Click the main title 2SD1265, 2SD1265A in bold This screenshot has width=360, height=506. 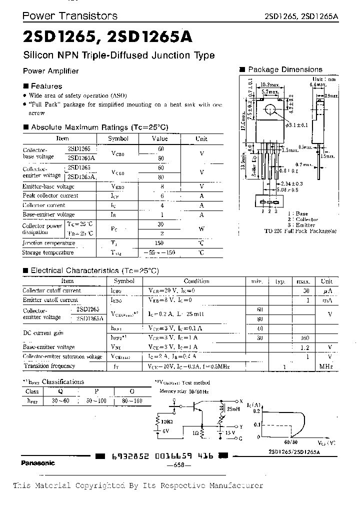[x=106, y=37]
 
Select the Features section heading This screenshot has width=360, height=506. [x=46, y=86]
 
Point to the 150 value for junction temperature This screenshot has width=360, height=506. [x=159, y=243]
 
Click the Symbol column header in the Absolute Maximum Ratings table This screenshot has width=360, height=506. [x=118, y=138]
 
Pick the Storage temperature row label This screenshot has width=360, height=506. [x=48, y=252]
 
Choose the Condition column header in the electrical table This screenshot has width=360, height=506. [x=196, y=281]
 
